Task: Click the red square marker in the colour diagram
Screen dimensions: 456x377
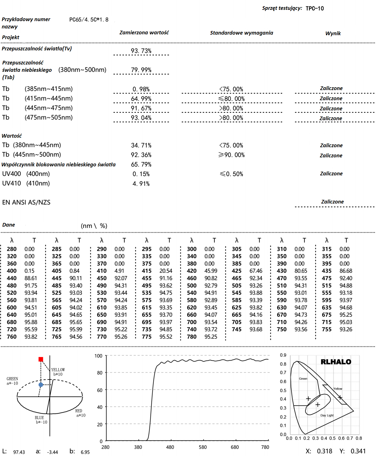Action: click(x=41, y=359)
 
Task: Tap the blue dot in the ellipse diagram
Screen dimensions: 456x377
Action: click(x=41, y=385)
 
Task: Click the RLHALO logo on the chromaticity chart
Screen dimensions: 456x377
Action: click(x=336, y=362)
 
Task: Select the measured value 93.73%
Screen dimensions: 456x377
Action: click(x=141, y=51)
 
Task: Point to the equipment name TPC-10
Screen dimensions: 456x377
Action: click(x=315, y=8)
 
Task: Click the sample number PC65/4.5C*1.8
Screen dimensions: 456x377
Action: click(x=89, y=20)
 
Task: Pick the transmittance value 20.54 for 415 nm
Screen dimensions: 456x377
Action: click(x=166, y=271)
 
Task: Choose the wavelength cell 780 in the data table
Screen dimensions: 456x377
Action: click(x=192, y=337)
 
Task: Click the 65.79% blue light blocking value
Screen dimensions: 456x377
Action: click(x=141, y=164)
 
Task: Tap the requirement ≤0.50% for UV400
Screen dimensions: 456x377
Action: click(x=232, y=174)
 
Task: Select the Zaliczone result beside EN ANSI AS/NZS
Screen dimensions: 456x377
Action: click(x=332, y=202)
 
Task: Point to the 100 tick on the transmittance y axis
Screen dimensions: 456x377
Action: click(x=98, y=356)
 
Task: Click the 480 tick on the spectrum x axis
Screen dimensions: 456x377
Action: click(x=170, y=447)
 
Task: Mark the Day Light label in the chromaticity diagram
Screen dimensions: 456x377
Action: click(x=327, y=415)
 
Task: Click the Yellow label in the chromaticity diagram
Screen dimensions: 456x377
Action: click(x=338, y=389)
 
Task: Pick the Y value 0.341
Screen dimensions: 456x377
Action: click(x=358, y=451)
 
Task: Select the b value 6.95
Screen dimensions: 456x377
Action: click(x=85, y=452)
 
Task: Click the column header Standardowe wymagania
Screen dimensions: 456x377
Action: click(x=241, y=33)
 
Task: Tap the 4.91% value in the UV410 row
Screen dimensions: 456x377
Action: click(x=141, y=184)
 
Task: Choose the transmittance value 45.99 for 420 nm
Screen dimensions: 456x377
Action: click(x=211, y=271)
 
